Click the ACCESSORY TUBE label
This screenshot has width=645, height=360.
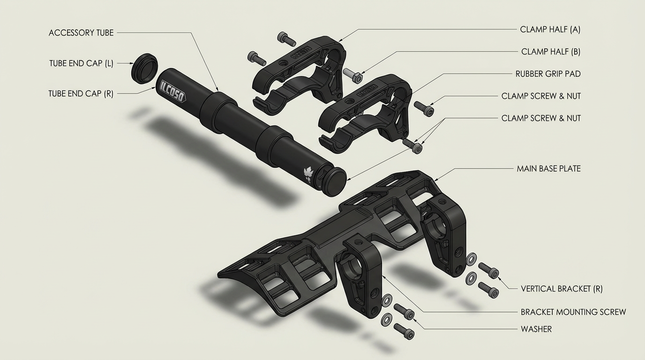coord(81,33)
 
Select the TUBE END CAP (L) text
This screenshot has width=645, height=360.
coord(81,63)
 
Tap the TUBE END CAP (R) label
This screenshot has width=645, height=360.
coord(81,94)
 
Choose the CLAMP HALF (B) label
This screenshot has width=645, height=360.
coord(551,52)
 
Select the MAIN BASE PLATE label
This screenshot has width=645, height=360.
coord(548,169)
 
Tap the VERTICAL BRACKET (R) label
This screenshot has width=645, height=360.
coord(562,289)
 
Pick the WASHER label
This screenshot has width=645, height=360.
coord(536,329)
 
